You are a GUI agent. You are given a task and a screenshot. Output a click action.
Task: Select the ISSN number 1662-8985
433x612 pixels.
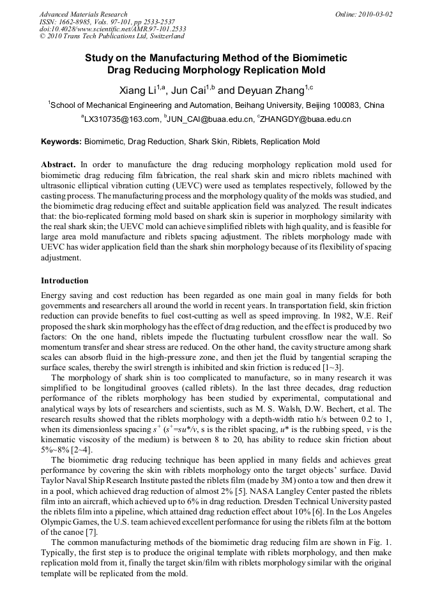pos(77,22)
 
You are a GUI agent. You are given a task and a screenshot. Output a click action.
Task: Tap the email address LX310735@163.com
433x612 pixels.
pos(122,119)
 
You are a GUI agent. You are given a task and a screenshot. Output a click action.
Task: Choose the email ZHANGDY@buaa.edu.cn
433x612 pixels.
pos(306,119)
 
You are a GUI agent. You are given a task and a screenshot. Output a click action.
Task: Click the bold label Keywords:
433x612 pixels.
pos(61,142)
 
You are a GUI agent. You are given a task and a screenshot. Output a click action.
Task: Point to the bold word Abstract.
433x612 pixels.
pos(58,164)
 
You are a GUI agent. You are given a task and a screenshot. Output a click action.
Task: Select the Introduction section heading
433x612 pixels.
pos(65,281)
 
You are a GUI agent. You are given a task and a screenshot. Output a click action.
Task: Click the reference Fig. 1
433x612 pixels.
pos(381,542)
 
